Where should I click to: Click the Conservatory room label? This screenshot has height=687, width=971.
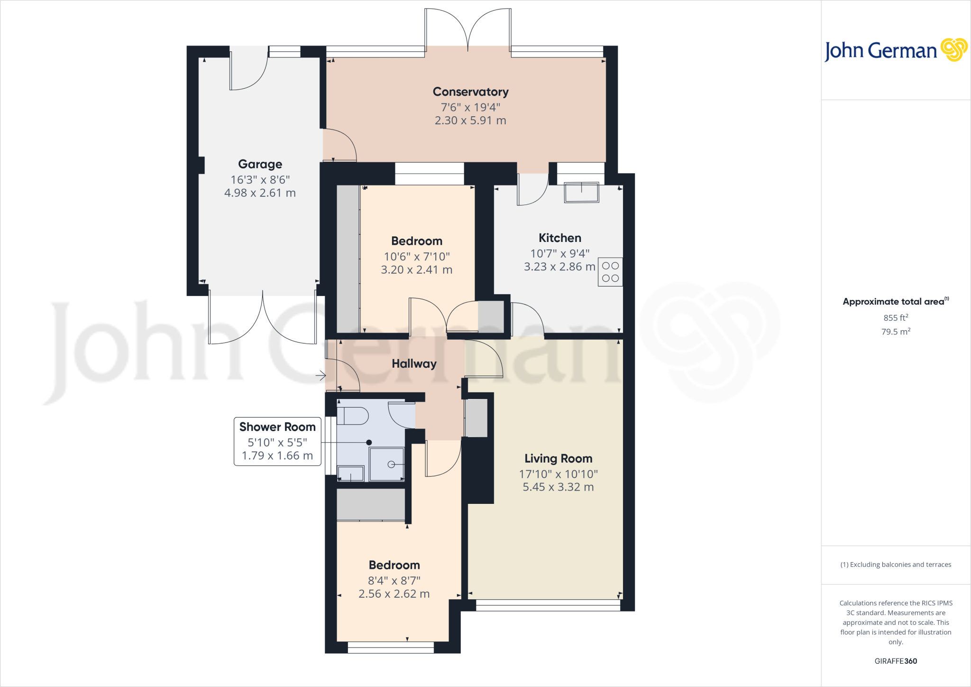click(470, 92)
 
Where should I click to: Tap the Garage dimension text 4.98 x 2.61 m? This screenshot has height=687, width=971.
click(260, 193)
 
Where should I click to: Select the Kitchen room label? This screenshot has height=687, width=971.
click(559, 238)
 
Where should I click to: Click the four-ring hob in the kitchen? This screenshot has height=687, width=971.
click(610, 272)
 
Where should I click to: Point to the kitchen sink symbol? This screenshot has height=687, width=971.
click(581, 192)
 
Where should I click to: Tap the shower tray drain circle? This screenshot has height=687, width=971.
click(391, 464)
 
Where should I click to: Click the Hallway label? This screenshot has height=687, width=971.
click(414, 363)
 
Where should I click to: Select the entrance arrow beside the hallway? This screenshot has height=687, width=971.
click(321, 376)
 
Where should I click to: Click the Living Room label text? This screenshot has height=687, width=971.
click(558, 458)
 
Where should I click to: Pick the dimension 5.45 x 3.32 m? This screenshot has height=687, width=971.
click(558, 487)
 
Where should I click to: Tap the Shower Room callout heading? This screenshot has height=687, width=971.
click(277, 427)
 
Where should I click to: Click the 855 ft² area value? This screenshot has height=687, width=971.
click(895, 317)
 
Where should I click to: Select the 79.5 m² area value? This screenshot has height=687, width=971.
click(895, 332)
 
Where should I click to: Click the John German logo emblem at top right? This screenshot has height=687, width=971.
click(953, 50)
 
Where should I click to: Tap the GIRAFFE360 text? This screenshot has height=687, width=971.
click(896, 661)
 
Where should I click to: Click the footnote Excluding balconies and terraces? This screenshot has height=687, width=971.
click(896, 565)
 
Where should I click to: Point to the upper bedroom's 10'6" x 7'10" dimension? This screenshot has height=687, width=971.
click(416, 257)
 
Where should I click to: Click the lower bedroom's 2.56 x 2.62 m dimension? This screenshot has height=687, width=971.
click(394, 594)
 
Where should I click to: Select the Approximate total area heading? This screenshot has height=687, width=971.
click(894, 302)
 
